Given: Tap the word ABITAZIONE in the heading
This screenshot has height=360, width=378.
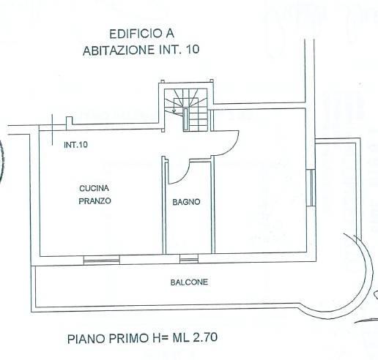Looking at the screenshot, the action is point(119,50).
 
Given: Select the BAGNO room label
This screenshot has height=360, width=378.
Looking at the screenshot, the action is point(186,202).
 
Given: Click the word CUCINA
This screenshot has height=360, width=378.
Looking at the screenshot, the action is point(94,188).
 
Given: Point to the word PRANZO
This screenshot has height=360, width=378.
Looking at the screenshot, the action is point(94,200).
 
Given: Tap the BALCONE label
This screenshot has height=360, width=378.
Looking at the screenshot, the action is point(189,282).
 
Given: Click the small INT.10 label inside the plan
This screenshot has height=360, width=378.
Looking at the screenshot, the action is point(75,145).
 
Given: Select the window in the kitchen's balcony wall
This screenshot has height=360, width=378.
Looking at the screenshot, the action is point(102,260).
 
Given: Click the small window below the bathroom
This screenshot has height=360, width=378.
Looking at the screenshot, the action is point(189,259).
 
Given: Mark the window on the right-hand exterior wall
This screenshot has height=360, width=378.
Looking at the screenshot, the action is point(311,188).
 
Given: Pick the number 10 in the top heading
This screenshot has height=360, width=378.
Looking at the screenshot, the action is point(193,50).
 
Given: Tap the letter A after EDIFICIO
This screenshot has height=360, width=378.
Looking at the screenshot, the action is point(170,34).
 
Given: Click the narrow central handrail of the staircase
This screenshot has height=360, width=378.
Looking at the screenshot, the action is point(185,119).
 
